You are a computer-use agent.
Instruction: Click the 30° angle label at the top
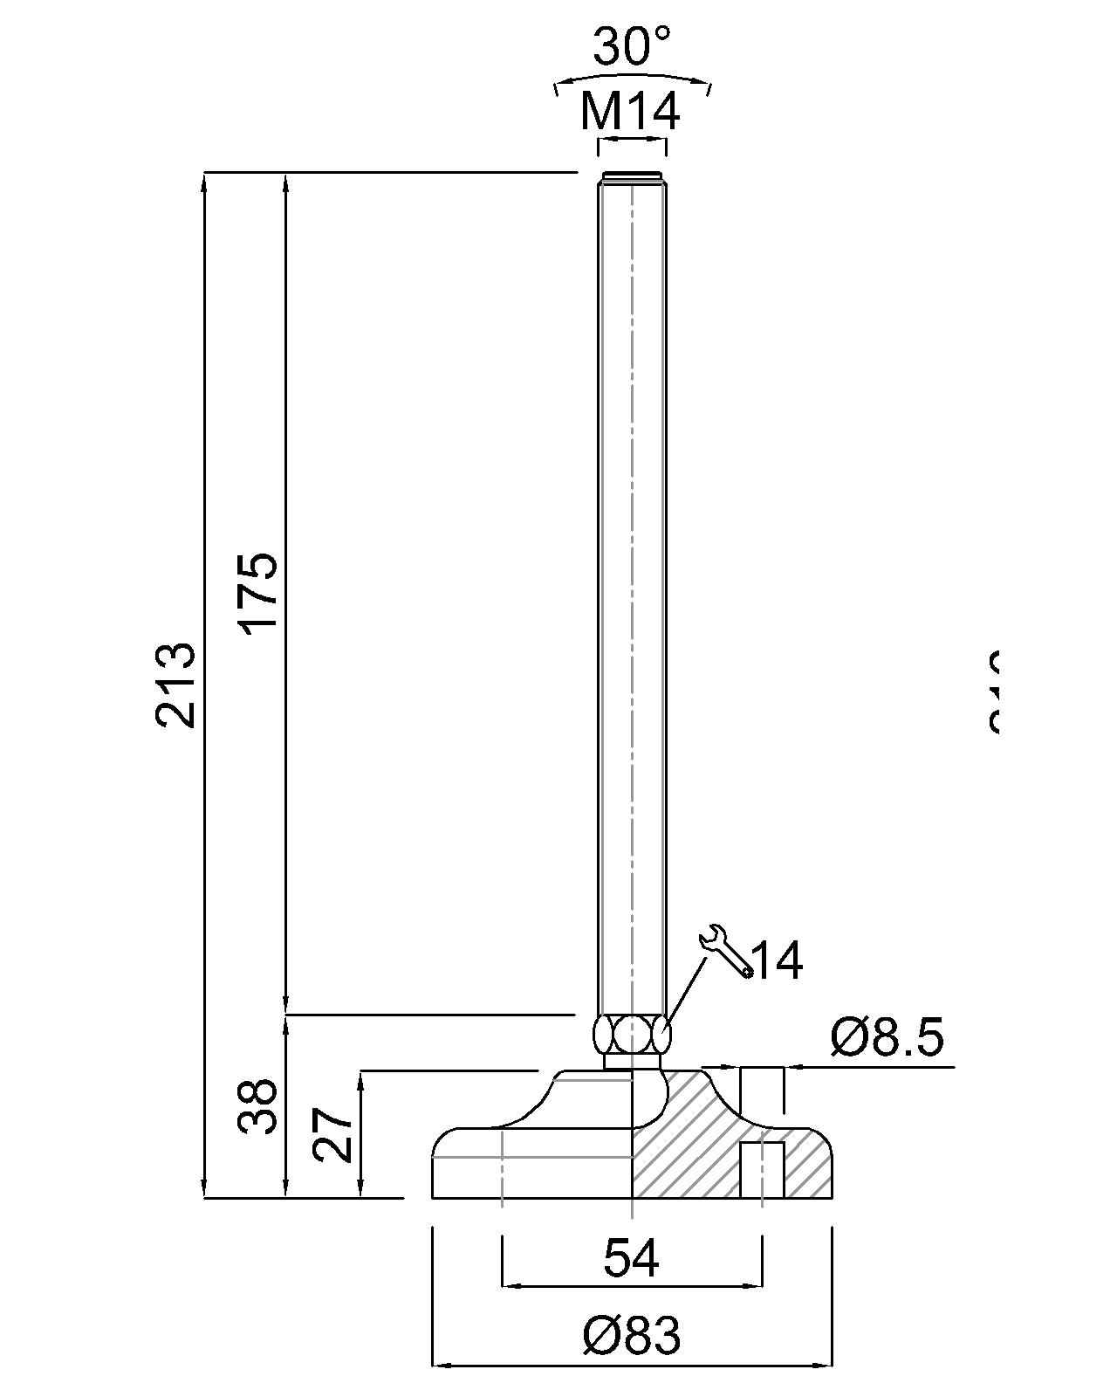point(633,47)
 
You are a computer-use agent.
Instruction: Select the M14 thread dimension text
point(630,112)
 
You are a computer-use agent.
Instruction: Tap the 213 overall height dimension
point(175,685)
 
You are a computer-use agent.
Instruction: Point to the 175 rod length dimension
point(259,591)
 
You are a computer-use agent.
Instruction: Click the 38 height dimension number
point(259,1107)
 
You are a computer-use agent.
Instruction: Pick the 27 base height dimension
point(333,1134)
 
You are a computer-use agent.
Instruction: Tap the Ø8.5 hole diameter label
point(887,1038)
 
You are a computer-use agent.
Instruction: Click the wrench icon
point(724,950)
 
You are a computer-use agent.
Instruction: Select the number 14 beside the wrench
point(776,961)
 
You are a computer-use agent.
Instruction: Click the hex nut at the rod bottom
point(631,1036)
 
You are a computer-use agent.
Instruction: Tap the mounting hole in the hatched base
point(762,1170)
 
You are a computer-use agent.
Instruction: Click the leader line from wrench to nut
point(685,994)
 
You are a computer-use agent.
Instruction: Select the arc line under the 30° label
point(633,77)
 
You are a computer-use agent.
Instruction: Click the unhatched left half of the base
point(532,1166)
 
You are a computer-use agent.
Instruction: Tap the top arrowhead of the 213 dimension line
point(205,181)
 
